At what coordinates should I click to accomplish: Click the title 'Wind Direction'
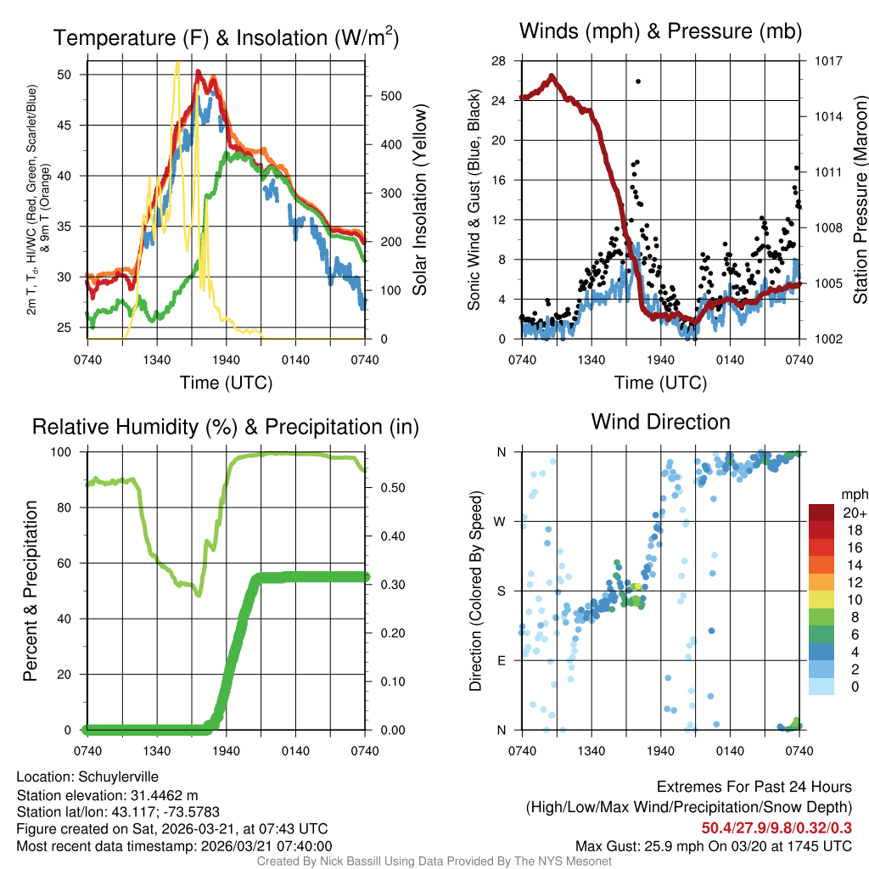(660, 422)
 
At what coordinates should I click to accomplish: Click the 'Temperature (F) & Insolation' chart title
(226, 38)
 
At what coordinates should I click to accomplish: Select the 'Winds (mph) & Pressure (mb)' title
(660, 31)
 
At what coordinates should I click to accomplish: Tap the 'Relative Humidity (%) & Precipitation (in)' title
(226, 427)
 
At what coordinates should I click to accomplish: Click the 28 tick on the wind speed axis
(500, 61)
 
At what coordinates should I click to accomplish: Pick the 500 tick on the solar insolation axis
(391, 96)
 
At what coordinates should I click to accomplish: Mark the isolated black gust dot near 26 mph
(638, 81)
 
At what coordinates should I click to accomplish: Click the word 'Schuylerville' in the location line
(119, 776)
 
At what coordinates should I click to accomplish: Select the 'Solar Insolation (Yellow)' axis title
(420, 199)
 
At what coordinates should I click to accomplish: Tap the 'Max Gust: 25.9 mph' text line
(713, 845)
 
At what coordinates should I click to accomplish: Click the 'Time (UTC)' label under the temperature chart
(226, 383)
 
